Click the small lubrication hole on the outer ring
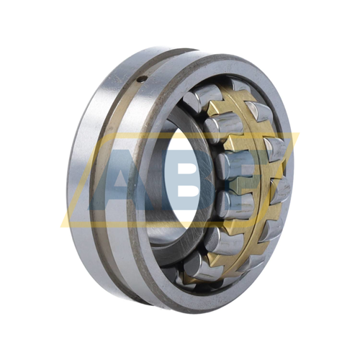pos(143,78)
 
